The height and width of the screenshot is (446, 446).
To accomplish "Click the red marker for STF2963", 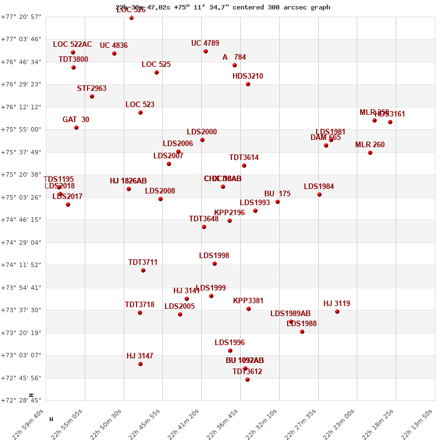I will [92, 96].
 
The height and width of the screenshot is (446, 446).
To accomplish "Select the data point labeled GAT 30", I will [76, 128].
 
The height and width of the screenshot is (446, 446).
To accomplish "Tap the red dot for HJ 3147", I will [140, 364].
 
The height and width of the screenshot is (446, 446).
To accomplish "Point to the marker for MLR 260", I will [370, 153].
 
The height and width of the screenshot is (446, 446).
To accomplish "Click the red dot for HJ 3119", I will [337, 312].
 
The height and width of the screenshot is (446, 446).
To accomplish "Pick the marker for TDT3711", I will [143, 270].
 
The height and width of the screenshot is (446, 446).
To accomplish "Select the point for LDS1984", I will [319, 195].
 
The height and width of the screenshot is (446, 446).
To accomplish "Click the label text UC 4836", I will [114, 46].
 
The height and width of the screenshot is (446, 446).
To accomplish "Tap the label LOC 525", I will [156, 65].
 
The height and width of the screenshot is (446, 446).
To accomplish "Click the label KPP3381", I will [248, 301].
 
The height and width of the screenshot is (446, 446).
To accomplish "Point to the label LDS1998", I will [214, 256].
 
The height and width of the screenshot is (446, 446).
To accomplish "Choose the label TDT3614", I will [244, 158].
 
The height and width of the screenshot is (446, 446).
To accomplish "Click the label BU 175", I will [277, 194].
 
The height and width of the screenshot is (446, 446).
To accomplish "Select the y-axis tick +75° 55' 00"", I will [22, 129].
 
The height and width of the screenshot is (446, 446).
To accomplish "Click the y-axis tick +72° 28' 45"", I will [22, 400].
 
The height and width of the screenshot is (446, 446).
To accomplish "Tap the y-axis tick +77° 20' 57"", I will [22, 17].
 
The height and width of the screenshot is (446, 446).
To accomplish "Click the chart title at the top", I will [223, 7].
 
